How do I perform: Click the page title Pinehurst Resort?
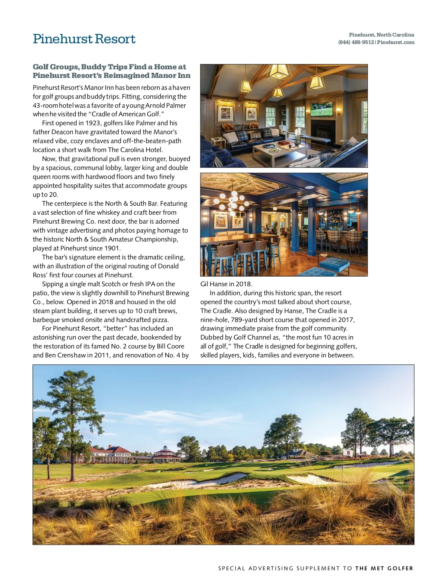coord(84,39)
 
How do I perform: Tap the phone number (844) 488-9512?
coord(356,42)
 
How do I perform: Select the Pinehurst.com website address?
coord(396,42)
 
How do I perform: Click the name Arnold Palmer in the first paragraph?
coord(165,105)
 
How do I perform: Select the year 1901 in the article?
coord(111,248)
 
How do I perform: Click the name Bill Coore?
coord(171,346)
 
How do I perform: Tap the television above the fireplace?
coord(321,109)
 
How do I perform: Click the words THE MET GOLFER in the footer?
coord(384,568)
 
